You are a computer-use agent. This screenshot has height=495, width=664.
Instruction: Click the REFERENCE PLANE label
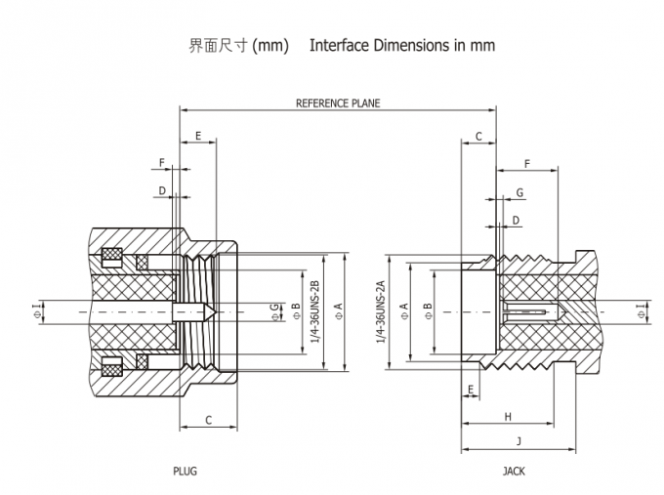coord(338,103)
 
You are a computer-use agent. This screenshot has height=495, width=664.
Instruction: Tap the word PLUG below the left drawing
coord(186,471)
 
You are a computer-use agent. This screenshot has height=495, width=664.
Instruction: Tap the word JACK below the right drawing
coord(514,471)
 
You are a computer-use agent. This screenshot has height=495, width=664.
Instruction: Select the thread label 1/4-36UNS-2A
coord(381,311)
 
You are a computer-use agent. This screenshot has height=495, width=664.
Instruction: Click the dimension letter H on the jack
coord(508,417)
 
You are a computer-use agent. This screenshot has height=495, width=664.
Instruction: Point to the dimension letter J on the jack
coord(519,441)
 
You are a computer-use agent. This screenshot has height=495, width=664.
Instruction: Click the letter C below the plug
coord(209,420)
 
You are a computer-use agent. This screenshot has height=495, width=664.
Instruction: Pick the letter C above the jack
coord(478,137)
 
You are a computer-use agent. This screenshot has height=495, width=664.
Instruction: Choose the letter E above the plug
coord(198,136)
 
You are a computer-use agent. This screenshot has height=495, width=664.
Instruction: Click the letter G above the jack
coord(520,193)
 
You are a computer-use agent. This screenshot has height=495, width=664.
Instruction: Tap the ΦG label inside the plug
coord(274,311)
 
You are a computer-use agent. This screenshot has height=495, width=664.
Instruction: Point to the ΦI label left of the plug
coord(37,311)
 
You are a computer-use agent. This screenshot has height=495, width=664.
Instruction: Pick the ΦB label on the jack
coord(428,311)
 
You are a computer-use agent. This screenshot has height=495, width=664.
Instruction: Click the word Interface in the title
coord(340,46)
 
